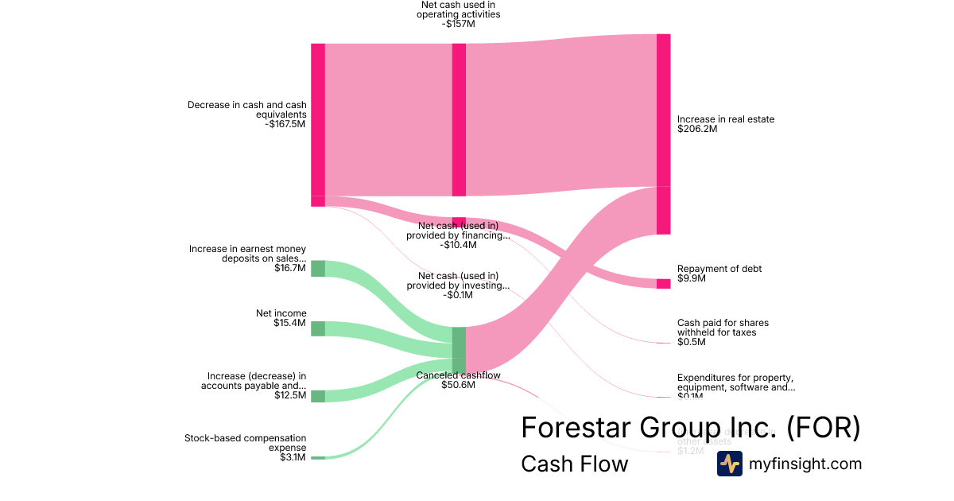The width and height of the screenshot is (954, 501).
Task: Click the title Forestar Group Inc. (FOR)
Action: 690,428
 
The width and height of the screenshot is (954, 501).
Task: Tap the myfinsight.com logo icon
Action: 730,464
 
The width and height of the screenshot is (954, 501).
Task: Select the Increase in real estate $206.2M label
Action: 725,124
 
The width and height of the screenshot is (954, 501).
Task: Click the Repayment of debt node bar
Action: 663,284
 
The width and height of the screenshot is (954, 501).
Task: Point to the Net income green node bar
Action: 317,328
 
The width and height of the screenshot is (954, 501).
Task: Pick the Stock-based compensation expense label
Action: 245,442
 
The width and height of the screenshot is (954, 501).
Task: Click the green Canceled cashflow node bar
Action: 459,348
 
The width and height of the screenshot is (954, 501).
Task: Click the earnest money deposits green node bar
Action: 317,268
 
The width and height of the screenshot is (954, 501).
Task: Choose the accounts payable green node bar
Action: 317,396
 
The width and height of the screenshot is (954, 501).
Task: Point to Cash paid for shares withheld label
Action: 723,328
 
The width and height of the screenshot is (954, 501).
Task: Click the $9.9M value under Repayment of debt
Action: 691,278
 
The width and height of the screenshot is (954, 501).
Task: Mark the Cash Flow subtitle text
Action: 574,464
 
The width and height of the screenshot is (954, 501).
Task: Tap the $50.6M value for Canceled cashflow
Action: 458,386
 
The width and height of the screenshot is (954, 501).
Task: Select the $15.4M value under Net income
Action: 289,323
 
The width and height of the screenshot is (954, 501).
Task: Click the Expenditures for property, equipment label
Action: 735,383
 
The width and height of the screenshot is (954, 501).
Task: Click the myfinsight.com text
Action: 805,464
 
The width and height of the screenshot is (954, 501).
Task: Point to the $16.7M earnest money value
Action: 289,268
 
